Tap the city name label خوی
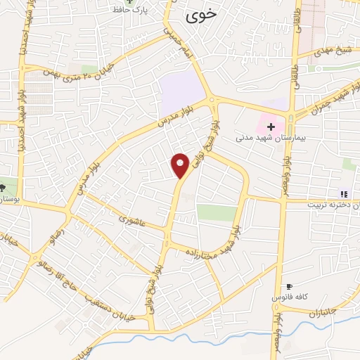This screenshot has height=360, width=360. (198, 15)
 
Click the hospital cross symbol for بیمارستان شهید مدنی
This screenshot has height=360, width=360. (271, 126)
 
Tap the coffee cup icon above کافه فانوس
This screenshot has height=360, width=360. (288, 287)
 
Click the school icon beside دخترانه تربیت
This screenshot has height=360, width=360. (344, 194)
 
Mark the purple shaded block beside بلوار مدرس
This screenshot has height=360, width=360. (181, 95)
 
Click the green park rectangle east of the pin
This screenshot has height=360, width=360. (217, 212)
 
